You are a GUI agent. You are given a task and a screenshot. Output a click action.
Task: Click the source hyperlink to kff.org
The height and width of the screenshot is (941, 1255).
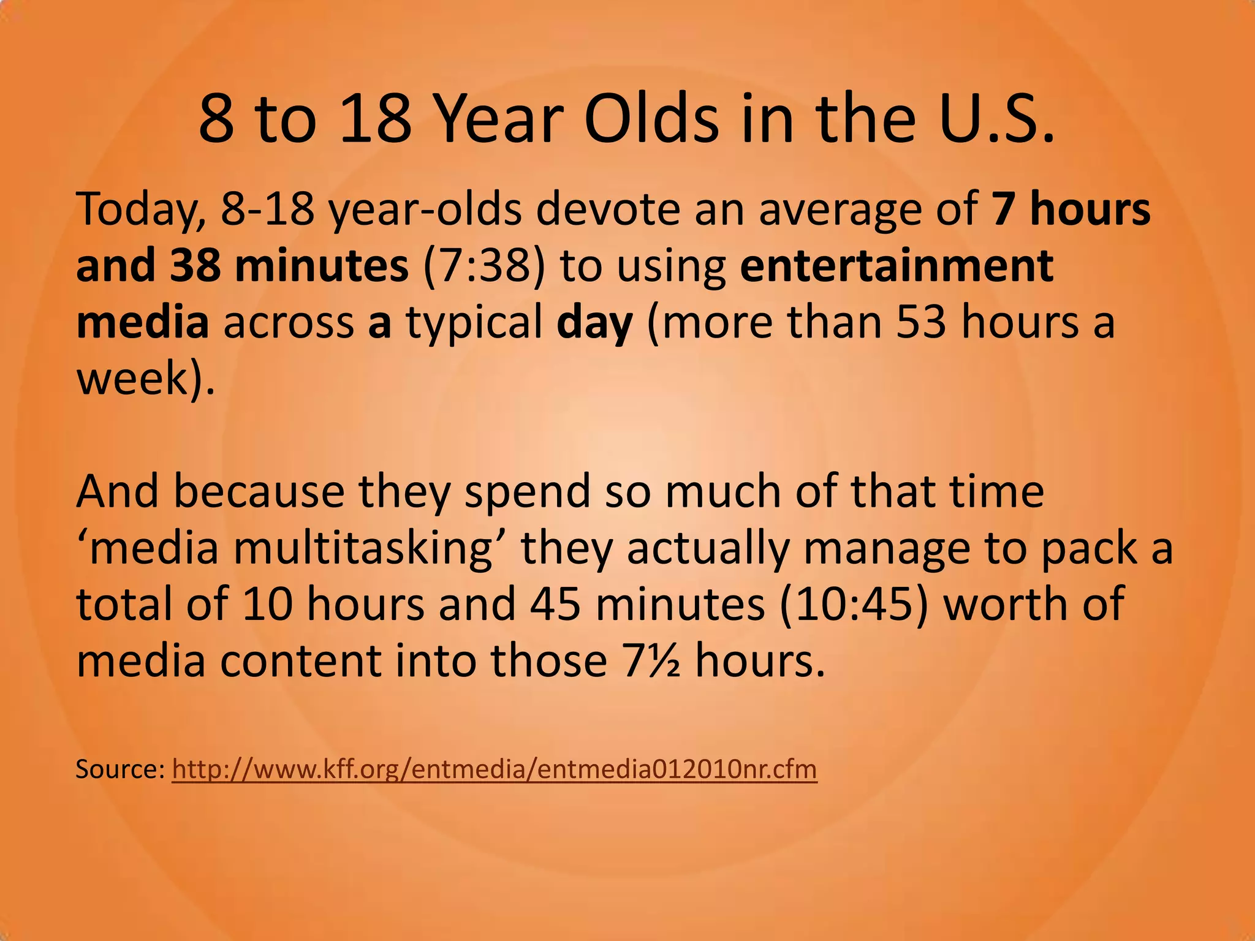tap(494, 769)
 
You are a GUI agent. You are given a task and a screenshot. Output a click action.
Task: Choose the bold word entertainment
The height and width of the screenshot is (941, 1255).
tap(897, 266)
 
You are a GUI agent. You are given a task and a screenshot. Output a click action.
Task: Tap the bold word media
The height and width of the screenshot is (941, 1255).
tap(142, 322)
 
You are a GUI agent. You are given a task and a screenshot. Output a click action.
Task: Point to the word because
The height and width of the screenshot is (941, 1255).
tap(259, 491)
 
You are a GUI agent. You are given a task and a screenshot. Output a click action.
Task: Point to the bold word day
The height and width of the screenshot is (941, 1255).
tap(594, 323)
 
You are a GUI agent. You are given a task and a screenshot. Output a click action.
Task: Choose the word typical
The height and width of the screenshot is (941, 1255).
tap(474, 323)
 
